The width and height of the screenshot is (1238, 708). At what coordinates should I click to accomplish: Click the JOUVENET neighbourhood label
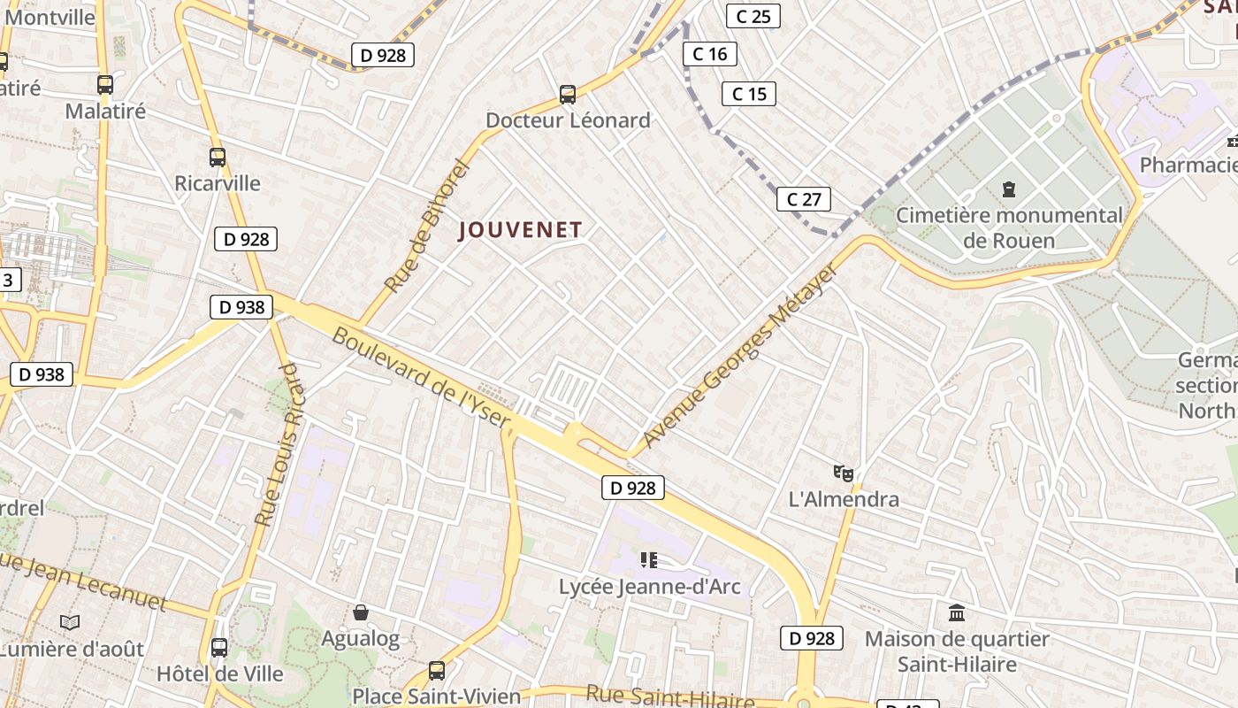521,230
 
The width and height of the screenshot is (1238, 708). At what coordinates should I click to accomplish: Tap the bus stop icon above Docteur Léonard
568,94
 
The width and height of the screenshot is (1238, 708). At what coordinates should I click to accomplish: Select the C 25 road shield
753,16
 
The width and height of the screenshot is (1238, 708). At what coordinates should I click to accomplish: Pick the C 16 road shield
709,54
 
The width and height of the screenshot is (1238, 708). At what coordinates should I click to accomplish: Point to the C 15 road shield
748,94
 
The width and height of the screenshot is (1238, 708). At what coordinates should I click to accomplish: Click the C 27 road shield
803,199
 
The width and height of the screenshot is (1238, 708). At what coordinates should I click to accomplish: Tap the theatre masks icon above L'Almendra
844,474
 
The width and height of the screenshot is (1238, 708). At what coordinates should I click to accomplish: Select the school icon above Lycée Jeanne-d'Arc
649,559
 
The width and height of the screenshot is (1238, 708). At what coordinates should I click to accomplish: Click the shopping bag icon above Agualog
361,612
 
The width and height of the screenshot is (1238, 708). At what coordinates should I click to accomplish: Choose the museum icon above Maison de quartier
956,612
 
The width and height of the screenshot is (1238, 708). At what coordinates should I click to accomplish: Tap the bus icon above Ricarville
218,158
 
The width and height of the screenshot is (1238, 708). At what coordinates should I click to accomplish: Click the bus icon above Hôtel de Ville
219,648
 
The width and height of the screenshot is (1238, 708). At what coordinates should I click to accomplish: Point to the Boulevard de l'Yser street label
422,378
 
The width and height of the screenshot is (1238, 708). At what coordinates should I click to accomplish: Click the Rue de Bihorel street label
425,226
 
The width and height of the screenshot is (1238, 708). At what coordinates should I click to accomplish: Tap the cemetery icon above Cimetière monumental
1008,189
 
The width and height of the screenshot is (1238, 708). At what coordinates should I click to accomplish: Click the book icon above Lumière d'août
70,623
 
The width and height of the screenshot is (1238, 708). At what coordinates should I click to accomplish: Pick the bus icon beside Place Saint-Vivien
436,670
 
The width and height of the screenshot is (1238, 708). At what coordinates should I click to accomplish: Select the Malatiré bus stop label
105,112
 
